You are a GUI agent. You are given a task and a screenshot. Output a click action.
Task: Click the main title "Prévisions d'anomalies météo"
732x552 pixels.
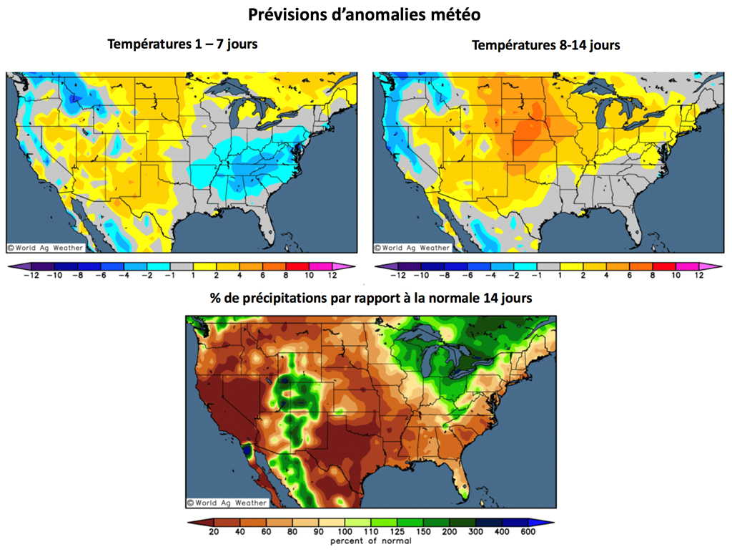click(x=365, y=14)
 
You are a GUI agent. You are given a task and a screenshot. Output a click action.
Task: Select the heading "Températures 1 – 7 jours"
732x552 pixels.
click(x=182, y=44)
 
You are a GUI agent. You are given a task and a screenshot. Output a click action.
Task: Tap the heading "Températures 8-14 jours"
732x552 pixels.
click(x=545, y=45)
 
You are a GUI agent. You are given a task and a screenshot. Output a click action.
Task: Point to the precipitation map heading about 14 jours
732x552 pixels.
click(x=370, y=299)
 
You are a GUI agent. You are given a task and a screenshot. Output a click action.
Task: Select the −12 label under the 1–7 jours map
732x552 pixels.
click(x=30, y=275)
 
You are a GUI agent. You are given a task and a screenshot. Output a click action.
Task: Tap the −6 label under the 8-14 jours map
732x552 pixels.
click(x=468, y=275)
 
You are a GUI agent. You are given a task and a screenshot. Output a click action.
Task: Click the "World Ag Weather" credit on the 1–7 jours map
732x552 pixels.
click(x=46, y=248)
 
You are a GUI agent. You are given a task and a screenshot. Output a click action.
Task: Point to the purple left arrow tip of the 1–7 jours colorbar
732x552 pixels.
click(x=11, y=266)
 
